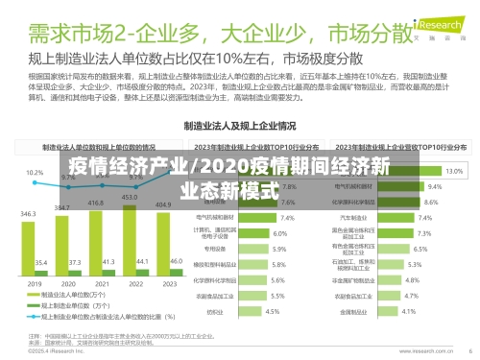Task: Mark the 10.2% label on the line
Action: (x=35, y=173)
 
